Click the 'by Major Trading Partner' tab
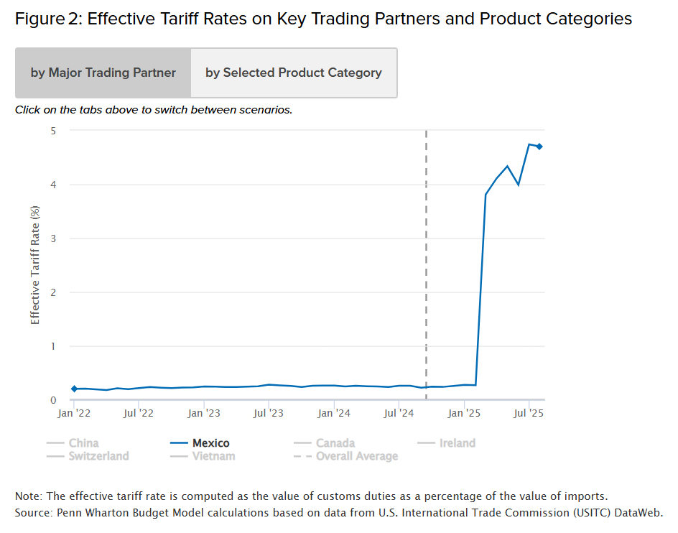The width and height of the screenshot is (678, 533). coord(103,73)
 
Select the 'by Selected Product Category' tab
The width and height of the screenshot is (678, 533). coord(294,73)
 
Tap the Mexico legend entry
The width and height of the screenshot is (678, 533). coord(201,443)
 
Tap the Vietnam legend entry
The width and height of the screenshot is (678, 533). coord(203,455)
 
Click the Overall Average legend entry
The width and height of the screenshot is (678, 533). coord(346,455)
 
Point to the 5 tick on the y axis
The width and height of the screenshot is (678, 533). coord(53,131)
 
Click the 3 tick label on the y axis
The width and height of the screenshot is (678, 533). coord(53,238)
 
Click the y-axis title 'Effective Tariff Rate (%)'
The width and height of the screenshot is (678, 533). coord(35,264)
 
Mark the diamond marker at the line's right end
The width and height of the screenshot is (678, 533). coord(539,147)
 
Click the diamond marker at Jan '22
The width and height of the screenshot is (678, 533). coord(74,389)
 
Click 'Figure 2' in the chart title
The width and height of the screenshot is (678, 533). coord(45,19)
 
